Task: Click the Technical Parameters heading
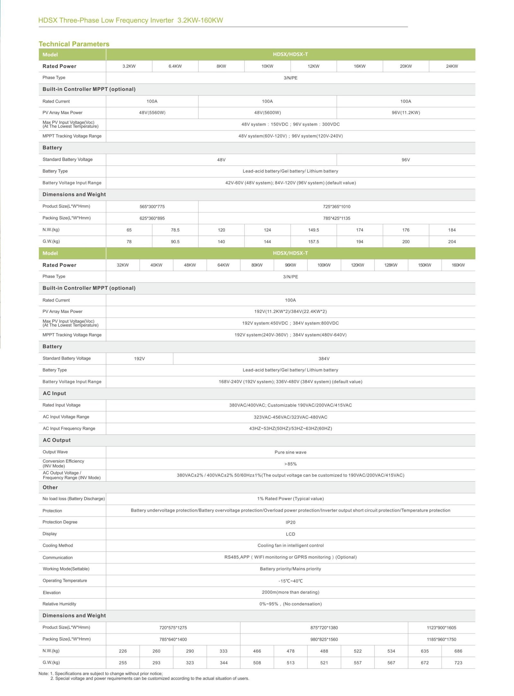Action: [x=74, y=44]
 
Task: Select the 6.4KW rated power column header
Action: [x=175, y=66]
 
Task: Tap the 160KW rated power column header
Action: [x=458, y=265]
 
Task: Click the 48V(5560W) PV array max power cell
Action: [x=152, y=113]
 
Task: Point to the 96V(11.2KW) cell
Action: [x=406, y=113]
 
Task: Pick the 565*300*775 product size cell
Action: [x=152, y=206]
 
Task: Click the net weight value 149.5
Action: [x=314, y=230]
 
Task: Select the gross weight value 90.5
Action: [x=175, y=242]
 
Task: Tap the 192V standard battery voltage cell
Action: [x=139, y=358]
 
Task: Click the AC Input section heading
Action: [x=54, y=393]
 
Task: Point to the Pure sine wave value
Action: [x=290, y=452]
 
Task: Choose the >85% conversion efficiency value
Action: [x=290, y=464]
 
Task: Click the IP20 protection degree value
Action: [x=290, y=522]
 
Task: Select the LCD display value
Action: [x=290, y=534]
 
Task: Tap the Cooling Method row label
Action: [x=58, y=546]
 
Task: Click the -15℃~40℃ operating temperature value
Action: [x=290, y=581]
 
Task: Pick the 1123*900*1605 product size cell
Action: [x=441, y=628]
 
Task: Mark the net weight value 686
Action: [x=458, y=651]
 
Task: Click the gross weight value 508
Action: [x=257, y=663]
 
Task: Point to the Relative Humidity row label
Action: [x=59, y=604]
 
